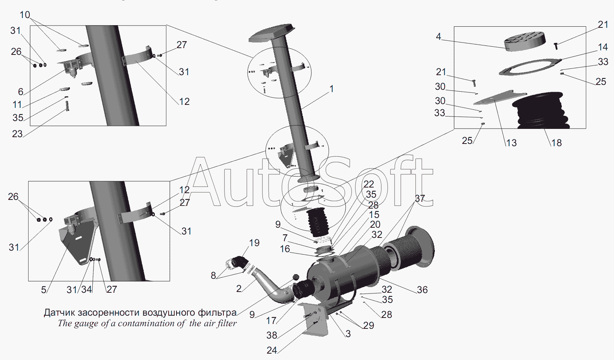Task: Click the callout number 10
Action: pos(25,15)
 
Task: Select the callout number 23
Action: pos(17,134)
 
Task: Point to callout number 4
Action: pos(438,37)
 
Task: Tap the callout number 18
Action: pos(557,143)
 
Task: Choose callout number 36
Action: pos(422,290)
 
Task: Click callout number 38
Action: pos(272,335)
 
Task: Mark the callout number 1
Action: pos(332,89)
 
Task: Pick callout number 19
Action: pos(254,243)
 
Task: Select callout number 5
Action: pos(44,290)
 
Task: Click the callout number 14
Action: pos(603,47)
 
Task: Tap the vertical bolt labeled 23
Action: pos(67,106)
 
